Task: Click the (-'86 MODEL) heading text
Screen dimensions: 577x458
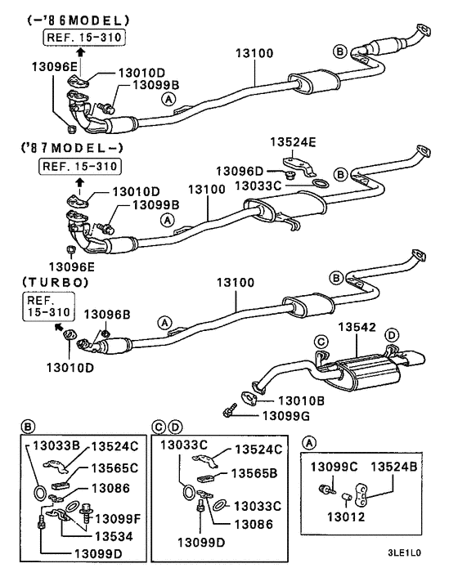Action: click(x=66, y=19)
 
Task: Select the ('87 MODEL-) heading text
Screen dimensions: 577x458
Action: click(x=66, y=150)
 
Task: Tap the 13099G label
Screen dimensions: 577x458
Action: click(x=285, y=416)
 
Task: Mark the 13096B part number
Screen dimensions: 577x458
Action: click(x=104, y=313)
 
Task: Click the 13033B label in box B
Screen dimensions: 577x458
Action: click(x=55, y=445)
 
